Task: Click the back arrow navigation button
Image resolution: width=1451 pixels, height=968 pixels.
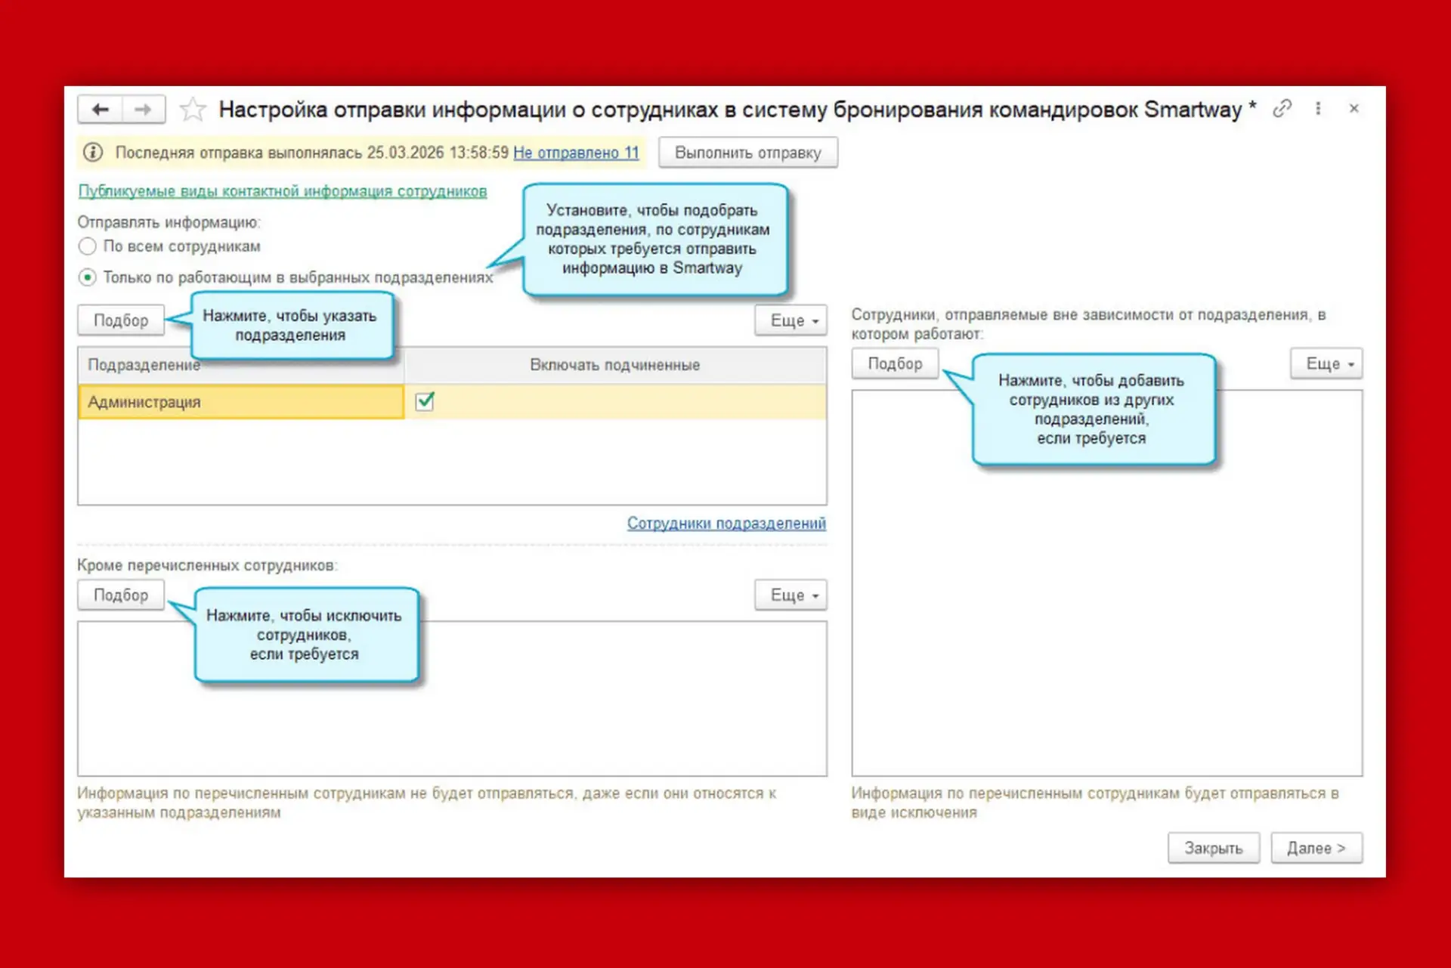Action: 101,110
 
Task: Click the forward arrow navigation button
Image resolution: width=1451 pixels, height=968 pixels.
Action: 144,110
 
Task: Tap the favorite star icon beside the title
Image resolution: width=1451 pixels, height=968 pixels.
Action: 193,110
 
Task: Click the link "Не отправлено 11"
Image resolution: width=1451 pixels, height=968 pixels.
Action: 576,153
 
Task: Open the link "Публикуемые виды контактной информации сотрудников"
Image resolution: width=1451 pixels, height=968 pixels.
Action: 283,191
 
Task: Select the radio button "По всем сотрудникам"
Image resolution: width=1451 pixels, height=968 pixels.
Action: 88,246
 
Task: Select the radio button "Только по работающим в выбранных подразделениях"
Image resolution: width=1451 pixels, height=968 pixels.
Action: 88,277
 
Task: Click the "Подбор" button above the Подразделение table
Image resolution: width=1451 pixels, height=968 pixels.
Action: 121,320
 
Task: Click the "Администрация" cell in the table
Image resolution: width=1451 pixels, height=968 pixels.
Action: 241,402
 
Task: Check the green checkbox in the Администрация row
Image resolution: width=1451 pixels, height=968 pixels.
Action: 425,401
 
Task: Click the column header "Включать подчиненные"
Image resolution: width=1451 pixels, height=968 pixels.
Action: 614,365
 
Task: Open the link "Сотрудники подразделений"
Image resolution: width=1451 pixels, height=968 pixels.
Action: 726,523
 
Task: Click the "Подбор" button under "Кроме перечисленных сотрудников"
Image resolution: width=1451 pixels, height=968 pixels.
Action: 121,595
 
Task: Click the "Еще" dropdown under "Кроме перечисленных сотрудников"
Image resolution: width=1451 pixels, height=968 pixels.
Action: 790,595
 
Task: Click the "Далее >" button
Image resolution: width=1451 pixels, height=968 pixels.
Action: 1316,848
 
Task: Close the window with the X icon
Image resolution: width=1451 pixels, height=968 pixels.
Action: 1354,109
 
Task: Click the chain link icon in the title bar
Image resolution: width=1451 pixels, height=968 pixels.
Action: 1282,109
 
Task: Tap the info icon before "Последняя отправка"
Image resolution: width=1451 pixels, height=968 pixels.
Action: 93,153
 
